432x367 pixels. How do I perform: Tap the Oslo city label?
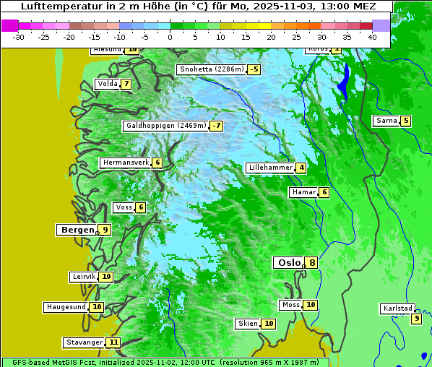(x=289, y=263)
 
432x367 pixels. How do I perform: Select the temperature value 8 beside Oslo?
(x=311, y=263)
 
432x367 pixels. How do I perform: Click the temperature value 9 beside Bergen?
(x=105, y=230)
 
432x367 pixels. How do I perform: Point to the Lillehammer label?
(x=270, y=168)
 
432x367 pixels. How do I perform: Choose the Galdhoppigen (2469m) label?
(x=166, y=126)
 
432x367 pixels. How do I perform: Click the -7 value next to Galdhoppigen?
(x=217, y=126)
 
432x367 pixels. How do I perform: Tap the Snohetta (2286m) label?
(x=211, y=69)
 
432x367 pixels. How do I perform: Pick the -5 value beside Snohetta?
(x=254, y=69)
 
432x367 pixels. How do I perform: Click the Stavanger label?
(x=84, y=342)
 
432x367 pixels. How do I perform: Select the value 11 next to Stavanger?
(x=113, y=342)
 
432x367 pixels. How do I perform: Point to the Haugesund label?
(x=66, y=307)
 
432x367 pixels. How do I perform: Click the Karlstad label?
(x=397, y=308)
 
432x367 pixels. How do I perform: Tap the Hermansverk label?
(x=125, y=163)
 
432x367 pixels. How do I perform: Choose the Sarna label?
(x=386, y=121)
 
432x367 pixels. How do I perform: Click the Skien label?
(x=248, y=324)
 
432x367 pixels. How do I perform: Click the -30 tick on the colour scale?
(x=19, y=37)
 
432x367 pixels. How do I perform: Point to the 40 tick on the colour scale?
(x=372, y=37)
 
